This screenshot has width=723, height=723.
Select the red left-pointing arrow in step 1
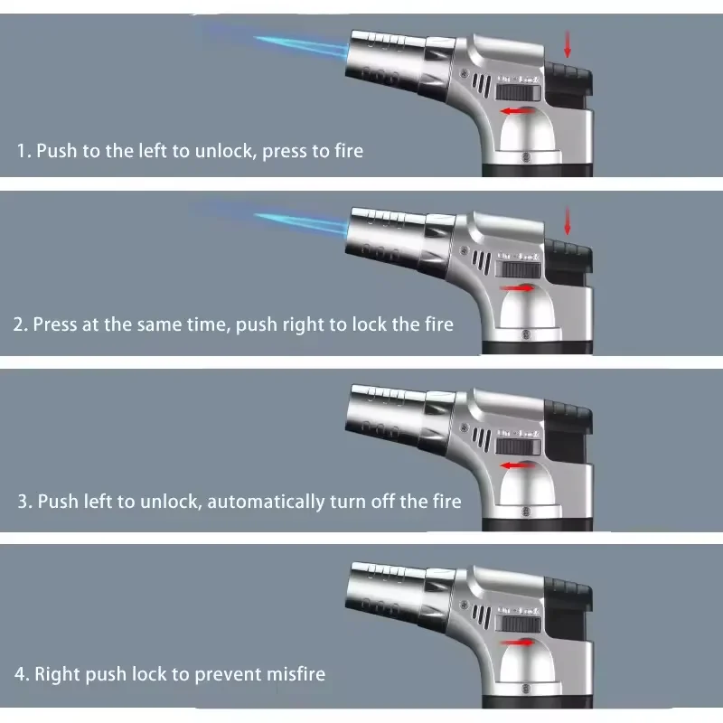(518, 111)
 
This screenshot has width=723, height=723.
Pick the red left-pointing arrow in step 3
(518, 466)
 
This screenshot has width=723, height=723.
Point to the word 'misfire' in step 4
(293, 674)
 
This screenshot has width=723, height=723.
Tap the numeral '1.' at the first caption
(23, 150)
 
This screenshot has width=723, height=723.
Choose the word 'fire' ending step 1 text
(347, 150)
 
